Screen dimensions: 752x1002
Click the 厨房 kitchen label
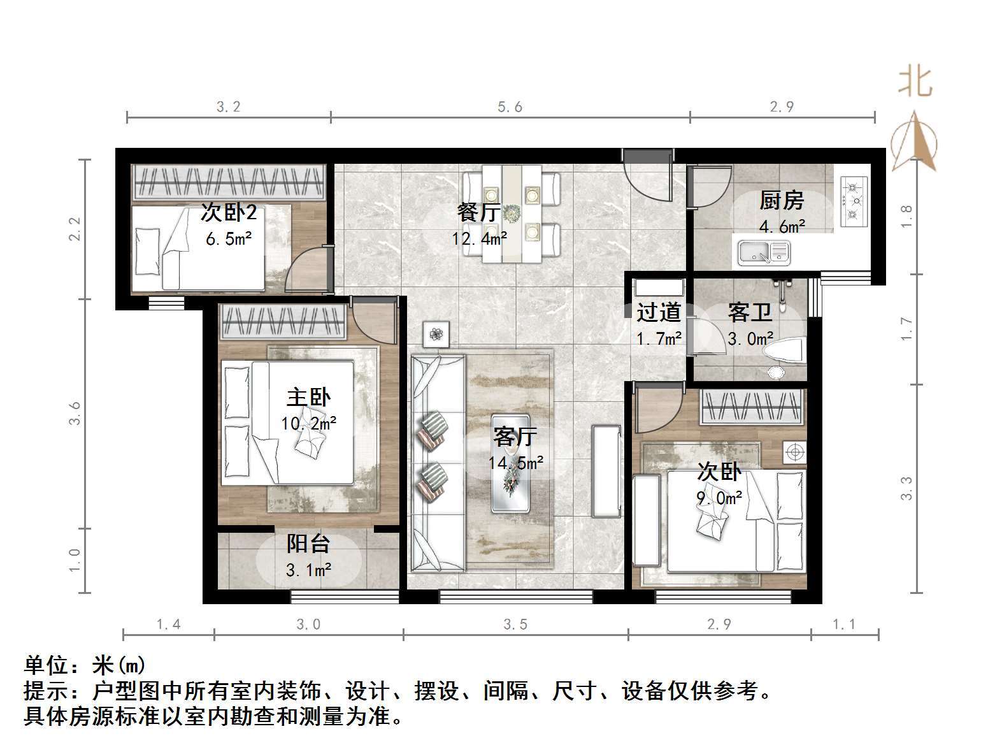click(781, 201)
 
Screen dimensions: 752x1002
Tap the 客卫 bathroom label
click(750, 313)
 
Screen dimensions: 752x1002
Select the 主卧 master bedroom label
click(308, 398)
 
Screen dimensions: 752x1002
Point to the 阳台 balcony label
click(308, 544)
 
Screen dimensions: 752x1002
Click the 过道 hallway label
click(659, 313)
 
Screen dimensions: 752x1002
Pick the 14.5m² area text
click(515, 463)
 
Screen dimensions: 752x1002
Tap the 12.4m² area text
click(480, 238)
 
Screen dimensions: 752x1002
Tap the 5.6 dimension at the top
click(510, 107)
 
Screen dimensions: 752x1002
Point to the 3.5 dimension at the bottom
click(515, 625)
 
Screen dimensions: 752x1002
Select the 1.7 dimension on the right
click(907, 329)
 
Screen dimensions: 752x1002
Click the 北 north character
click(915, 82)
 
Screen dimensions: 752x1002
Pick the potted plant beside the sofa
click(436, 334)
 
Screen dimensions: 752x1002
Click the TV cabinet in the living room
click(606, 472)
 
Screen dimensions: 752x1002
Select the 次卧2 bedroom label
click(228, 212)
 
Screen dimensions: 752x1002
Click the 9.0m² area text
click(719, 498)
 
